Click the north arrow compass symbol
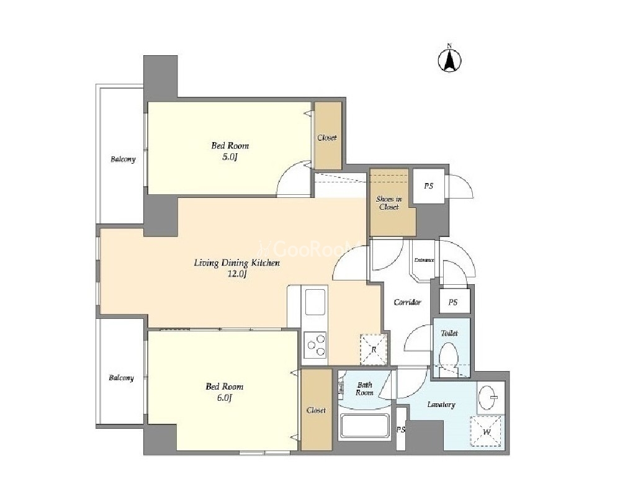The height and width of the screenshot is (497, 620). click(449, 60)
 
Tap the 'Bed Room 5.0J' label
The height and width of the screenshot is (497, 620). click(230, 151)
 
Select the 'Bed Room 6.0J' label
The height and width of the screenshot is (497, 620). click(224, 392)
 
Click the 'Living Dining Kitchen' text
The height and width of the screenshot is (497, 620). click(237, 262)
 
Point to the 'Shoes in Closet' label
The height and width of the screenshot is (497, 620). click(389, 203)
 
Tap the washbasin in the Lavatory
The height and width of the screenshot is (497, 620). click(490, 397)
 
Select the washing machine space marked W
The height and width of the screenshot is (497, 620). click(487, 431)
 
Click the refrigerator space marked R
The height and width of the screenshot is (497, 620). click(373, 349)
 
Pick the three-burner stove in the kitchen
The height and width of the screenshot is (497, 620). click(315, 345)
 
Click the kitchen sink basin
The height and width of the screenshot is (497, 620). click(315, 302)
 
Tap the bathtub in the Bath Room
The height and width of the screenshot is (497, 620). click(364, 426)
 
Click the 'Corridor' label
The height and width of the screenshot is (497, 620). click(407, 302)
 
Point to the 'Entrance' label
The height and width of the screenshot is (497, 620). click(424, 260)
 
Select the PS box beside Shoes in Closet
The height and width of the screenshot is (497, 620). click(429, 186)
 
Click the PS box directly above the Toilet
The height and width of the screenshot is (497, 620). click(454, 302)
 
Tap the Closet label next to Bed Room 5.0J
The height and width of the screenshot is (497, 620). click(327, 138)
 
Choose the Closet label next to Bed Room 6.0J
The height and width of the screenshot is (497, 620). click(317, 410)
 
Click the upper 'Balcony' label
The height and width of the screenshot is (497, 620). click(123, 159)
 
